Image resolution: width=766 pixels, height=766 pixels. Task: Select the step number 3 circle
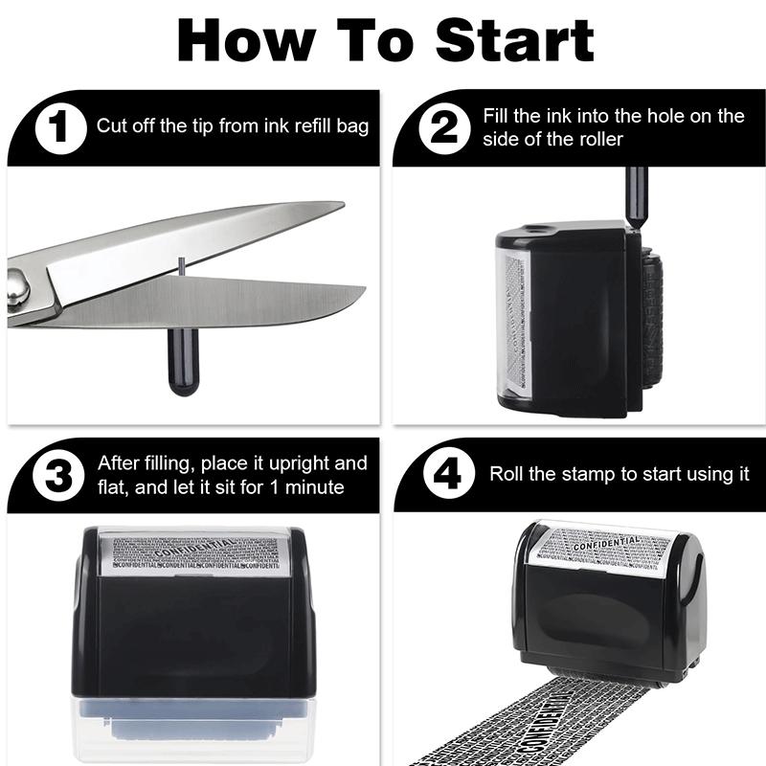click(59, 476)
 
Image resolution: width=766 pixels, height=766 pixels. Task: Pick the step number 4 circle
click(443, 476)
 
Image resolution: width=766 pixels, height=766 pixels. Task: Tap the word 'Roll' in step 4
click(507, 474)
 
